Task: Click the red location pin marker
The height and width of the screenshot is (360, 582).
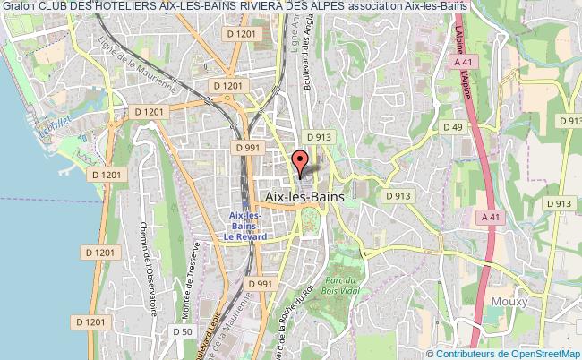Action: (301, 162)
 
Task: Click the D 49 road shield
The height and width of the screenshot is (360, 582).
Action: (456, 128)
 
